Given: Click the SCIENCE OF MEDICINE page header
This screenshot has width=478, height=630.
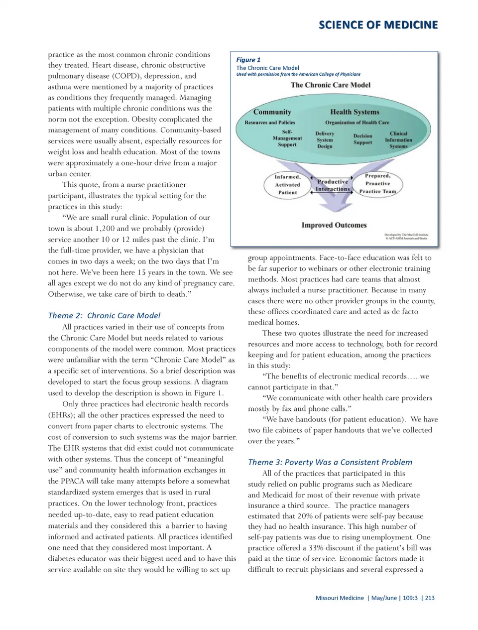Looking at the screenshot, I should click(378, 25).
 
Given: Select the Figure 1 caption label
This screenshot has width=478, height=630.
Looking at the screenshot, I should click(248, 60).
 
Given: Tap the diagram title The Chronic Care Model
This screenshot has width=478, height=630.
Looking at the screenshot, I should click(331, 85).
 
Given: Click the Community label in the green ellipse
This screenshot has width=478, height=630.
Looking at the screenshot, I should click(272, 112).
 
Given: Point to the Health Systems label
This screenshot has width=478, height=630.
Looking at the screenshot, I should click(355, 112).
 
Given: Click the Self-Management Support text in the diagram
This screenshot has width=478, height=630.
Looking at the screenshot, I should click(287, 138).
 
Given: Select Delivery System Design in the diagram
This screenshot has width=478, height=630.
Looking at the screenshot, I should click(325, 140).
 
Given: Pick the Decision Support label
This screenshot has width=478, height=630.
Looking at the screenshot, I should click(362, 139).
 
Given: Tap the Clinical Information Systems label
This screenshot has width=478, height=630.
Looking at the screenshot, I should click(398, 140).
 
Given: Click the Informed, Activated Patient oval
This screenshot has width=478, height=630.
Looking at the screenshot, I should click(287, 185).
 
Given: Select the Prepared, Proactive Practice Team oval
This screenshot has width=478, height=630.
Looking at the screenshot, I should click(377, 184).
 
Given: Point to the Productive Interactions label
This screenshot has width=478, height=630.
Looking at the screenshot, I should click(333, 185).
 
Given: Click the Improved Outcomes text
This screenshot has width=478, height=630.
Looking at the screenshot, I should click(334, 225).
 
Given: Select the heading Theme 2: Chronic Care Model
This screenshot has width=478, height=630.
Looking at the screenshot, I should click(104, 315).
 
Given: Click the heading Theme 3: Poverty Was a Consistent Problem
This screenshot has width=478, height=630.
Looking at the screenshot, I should click(330, 462).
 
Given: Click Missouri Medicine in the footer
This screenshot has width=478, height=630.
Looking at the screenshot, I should click(340, 598).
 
